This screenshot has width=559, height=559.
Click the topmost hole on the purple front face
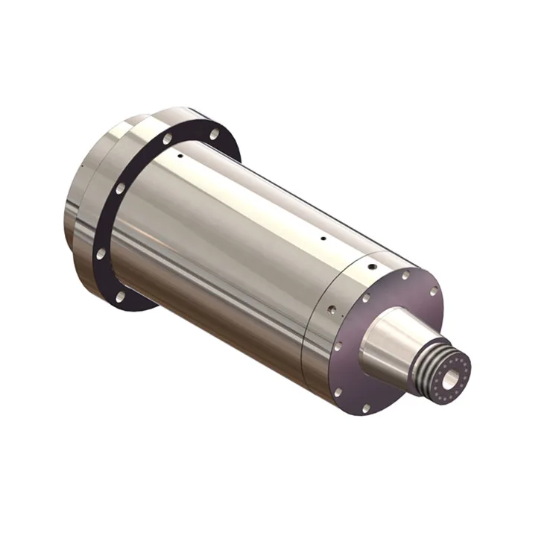[x=405, y=275]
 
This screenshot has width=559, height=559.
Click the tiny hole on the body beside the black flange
[x=179, y=157]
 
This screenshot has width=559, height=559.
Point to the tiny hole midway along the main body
[x=322, y=240]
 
